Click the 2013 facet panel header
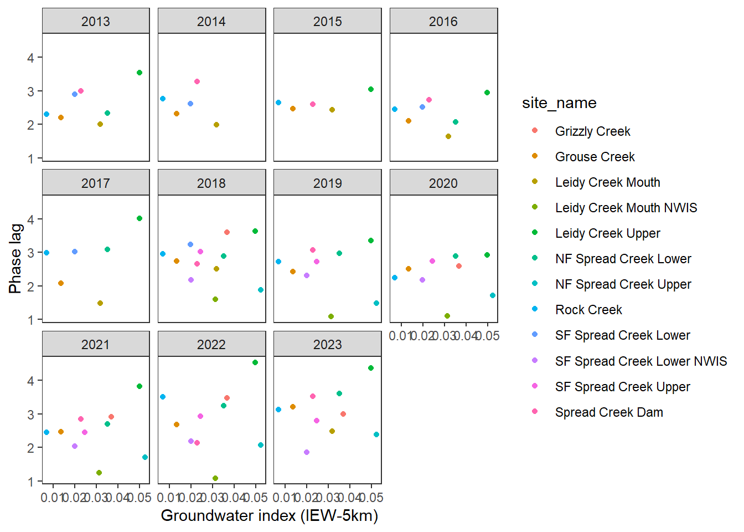pos(96,22)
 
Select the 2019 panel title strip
pos(327,183)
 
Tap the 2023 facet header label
pos(327,345)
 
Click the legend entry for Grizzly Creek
pos(592,131)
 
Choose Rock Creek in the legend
pos(588,310)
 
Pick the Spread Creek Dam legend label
pos(609,412)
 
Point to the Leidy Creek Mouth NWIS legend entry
pos(626,208)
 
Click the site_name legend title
pos(559,103)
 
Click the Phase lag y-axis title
pos(15,258)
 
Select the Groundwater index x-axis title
pos(269,516)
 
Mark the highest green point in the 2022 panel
pos(255,362)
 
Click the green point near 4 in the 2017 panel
pos(139,218)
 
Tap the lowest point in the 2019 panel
pos(331,316)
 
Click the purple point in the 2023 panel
pos(307,452)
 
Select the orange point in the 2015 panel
pos(293,109)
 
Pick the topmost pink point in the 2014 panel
pos(197,81)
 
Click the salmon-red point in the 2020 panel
pos(459,266)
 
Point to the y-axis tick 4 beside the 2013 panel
pos(31,58)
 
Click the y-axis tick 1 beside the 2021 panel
pos(31,482)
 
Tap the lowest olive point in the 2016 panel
pos(448,136)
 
